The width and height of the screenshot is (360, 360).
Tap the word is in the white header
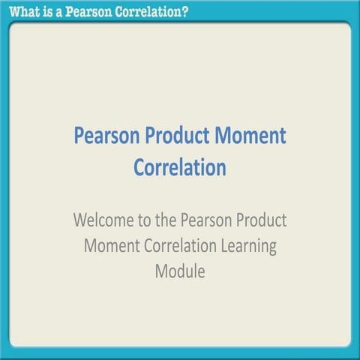coord(47,10)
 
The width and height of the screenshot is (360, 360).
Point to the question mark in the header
coord(184,10)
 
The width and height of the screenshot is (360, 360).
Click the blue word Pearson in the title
coord(109,136)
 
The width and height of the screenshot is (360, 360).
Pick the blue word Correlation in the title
coord(180,166)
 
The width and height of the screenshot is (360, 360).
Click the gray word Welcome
coord(106,222)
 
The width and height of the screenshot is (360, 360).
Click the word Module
coord(180,270)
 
